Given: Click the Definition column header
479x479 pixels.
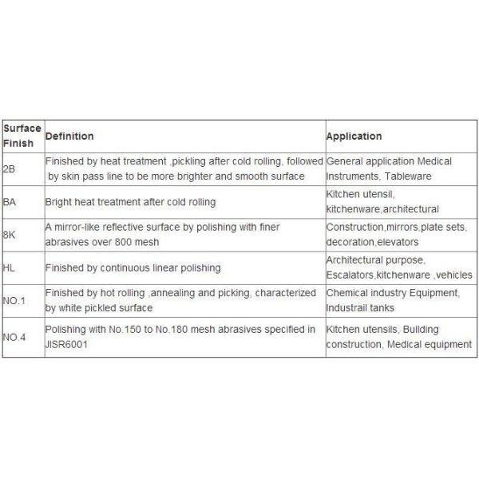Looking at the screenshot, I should coord(69,137).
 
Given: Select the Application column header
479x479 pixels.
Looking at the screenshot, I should coord(354,137).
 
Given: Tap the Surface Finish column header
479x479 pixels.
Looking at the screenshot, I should coord(22,136).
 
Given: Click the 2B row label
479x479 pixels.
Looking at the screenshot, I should coord(9,169).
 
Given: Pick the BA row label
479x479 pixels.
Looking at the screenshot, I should coord(10,202).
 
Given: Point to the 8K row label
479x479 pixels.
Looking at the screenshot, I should coord(9,235).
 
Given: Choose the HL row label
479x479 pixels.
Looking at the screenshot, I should coord(9,267).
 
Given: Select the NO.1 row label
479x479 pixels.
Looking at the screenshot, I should coord(14,300).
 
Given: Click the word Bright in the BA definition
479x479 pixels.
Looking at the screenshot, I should coord(58,202).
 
